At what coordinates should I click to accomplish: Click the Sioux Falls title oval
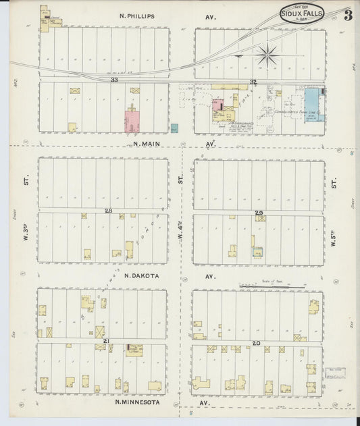(301, 13)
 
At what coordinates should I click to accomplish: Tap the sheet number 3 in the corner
(347, 15)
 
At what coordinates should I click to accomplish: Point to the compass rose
(268, 54)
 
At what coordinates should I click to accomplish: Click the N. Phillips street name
(137, 16)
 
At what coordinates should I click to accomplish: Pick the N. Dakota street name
(142, 275)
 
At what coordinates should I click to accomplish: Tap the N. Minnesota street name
(138, 402)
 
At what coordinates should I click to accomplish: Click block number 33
(114, 80)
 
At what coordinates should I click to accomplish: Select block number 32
(253, 82)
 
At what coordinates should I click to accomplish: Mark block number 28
(108, 211)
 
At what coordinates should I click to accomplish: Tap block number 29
(258, 213)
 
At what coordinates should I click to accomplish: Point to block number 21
(106, 342)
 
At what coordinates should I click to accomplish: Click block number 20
(256, 343)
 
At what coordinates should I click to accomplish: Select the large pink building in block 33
(132, 121)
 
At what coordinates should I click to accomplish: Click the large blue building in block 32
(313, 105)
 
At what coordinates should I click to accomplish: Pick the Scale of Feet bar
(271, 286)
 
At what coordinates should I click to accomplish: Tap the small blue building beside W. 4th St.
(174, 128)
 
